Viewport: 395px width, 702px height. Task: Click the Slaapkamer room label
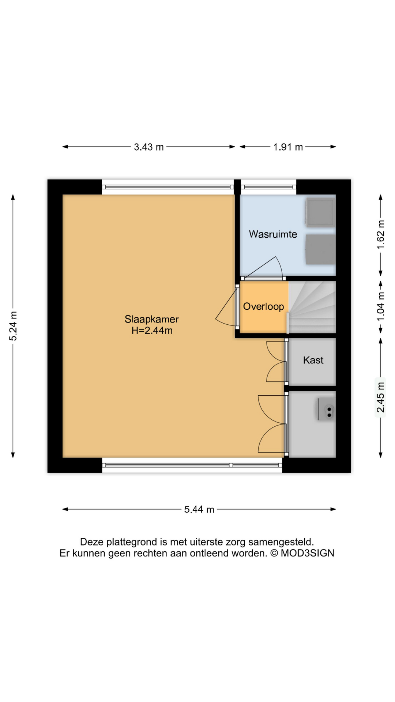tap(151, 319)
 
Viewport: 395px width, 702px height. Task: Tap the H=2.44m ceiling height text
tap(152, 331)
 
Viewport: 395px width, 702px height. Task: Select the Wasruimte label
tap(273, 234)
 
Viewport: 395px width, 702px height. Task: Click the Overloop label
tap(263, 307)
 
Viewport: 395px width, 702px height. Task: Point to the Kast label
tap(313, 360)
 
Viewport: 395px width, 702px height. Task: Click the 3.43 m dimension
tap(148, 147)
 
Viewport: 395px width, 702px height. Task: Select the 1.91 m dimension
tap(288, 147)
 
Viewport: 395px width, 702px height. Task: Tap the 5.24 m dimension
tap(13, 326)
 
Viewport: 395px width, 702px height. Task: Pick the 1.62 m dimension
tap(381, 234)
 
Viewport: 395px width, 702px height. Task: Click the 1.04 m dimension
tap(381, 306)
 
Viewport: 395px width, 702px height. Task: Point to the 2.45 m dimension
tap(381, 397)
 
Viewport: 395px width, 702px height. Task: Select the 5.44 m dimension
tap(199, 509)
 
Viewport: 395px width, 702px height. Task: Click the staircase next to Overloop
tap(312, 307)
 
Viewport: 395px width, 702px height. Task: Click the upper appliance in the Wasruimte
tap(320, 212)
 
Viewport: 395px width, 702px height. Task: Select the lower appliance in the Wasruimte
tap(320, 249)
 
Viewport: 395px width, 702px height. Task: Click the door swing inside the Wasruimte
tap(263, 268)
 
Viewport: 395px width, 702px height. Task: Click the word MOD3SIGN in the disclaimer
tap(307, 553)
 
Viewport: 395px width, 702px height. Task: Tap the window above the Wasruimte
tap(268, 187)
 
